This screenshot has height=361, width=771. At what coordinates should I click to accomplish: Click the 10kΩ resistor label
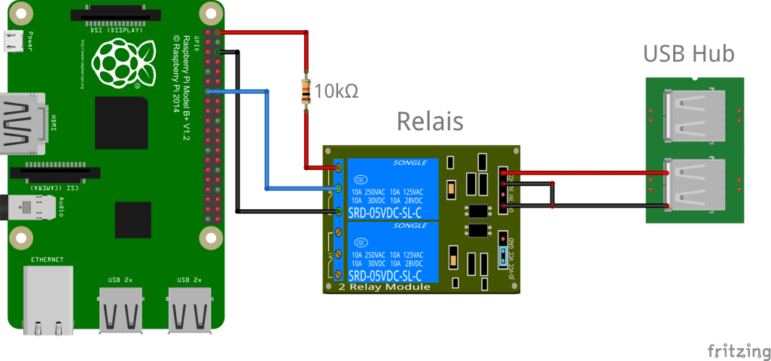[x=336, y=92]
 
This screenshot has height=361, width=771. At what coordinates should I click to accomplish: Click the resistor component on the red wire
[x=306, y=92]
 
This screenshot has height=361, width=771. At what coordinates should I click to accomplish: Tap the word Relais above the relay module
[x=429, y=120]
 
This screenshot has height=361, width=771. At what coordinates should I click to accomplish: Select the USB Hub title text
[x=688, y=54]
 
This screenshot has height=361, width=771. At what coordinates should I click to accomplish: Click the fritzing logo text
[x=737, y=350]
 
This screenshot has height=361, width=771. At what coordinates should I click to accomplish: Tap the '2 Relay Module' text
[x=384, y=287]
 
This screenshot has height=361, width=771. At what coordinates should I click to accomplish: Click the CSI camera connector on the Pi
[x=59, y=171]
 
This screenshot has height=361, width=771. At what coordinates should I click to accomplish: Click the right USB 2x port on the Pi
[x=187, y=308]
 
